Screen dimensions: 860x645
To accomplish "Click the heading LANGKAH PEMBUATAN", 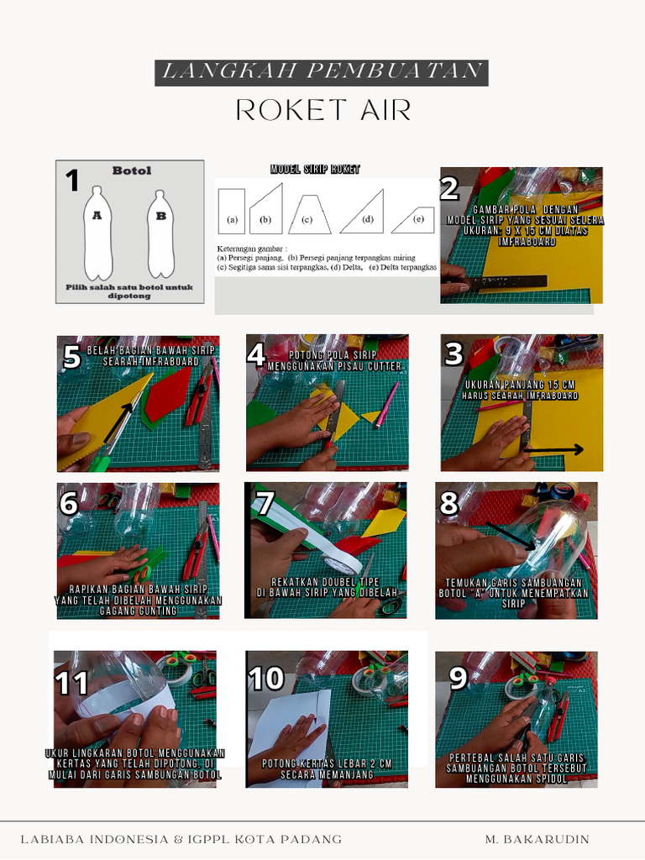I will (322, 72).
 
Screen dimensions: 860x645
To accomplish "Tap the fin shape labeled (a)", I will (231, 210).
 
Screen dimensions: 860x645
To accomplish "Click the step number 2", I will (449, 188).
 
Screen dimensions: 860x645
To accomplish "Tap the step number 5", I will (72, 358).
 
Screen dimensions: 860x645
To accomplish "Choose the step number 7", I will (265, 503).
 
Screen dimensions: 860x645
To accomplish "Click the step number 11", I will (71, 683).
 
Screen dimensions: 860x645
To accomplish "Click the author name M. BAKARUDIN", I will (537, 839).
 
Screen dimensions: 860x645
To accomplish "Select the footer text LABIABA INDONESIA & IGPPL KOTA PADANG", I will (181, 839).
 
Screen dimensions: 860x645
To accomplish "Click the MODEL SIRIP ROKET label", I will (315, 170).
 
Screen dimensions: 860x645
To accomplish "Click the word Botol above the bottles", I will (132, 170).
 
